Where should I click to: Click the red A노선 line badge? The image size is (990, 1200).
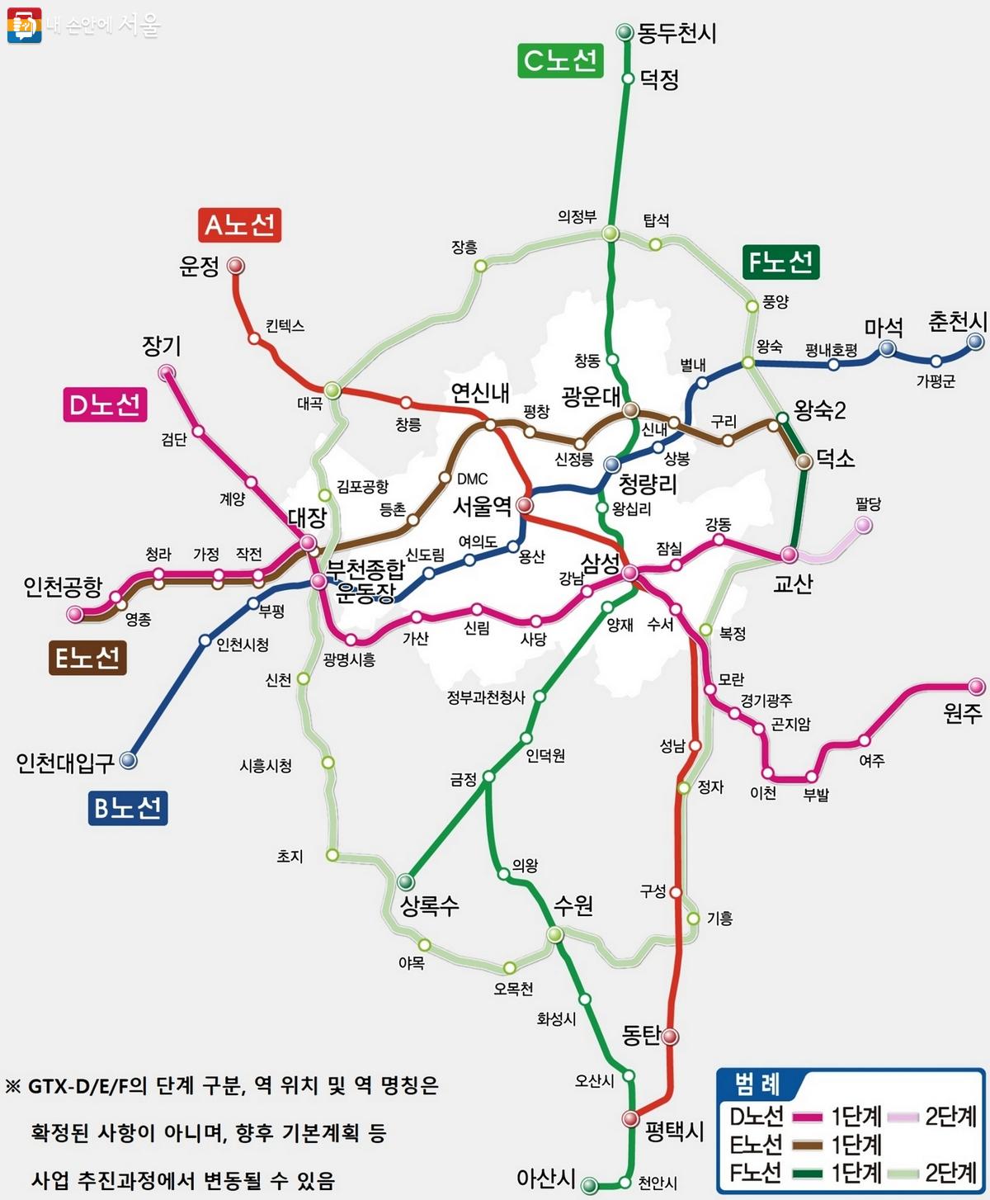[x=239, y=224]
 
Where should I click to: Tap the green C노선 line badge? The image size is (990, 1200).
[x=560, y=60]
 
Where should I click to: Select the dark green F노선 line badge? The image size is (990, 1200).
[x=780, y=262]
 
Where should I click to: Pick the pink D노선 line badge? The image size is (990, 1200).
[x=106, y=404]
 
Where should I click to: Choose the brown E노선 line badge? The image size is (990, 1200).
[x=87, y=658]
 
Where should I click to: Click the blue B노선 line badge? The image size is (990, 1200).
[x=128, y=807]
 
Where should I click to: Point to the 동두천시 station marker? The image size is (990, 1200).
[x=625, y=32]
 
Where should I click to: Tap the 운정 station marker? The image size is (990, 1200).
[x=235, y=266]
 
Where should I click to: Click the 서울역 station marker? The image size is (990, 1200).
[x=525, y=505]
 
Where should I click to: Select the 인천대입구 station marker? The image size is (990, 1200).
[x=129, y=760]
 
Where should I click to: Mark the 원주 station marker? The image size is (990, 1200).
[x=976, y=686]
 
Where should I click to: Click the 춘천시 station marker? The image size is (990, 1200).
[x=976, y=341]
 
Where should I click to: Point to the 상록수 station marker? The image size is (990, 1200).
[x=405, y=881]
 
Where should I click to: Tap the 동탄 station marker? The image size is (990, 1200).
[x=670, y=1036]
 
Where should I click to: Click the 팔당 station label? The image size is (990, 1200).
[x=868, y=503]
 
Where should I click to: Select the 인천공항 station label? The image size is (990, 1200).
[x=63, y=587]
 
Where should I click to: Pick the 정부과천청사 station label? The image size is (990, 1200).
[x=486, y=697]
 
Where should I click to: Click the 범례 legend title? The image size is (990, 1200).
[x=757, y=1084]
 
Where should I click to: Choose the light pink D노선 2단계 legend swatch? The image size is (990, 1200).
[x=903, y=1117]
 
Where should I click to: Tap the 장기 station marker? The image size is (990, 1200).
[x=167, y=372]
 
